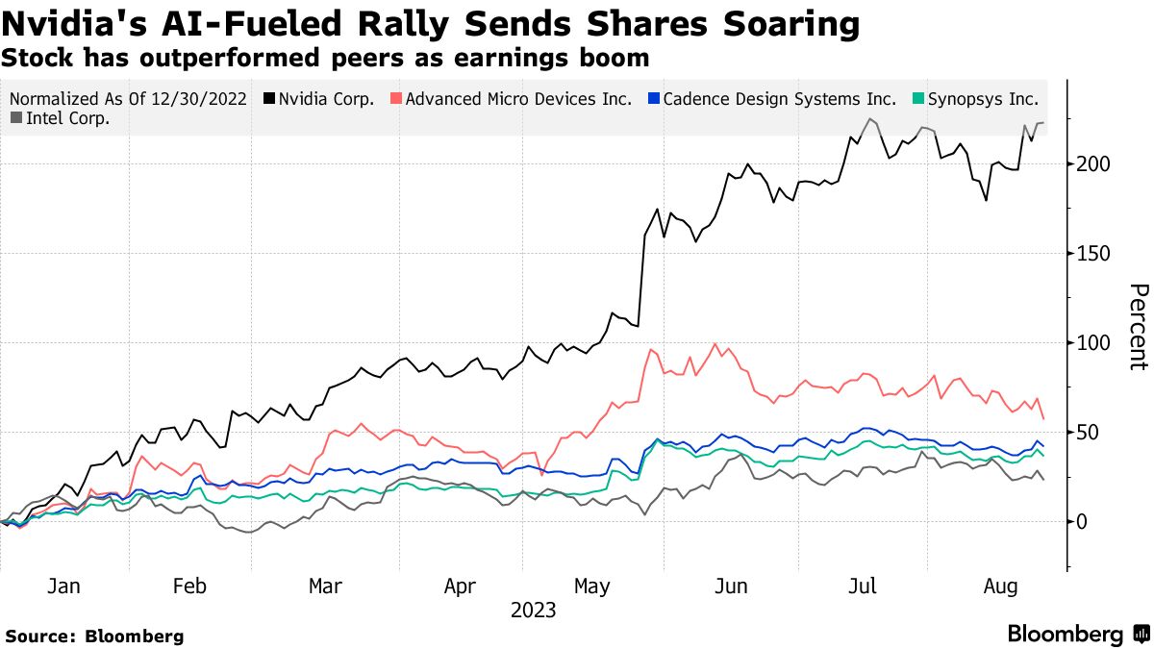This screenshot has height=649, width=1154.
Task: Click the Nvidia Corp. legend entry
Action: click(325, 99)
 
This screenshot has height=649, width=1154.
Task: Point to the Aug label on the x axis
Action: click(997, 587)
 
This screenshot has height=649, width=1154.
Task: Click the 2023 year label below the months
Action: click(533, 610)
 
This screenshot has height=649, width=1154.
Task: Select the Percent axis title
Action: click(1138, 327)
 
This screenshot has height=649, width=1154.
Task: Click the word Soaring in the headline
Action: click(783, 23)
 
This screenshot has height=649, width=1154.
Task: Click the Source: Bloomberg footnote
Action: click(94, 636)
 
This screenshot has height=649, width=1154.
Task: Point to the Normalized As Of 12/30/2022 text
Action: click(128, 99)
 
